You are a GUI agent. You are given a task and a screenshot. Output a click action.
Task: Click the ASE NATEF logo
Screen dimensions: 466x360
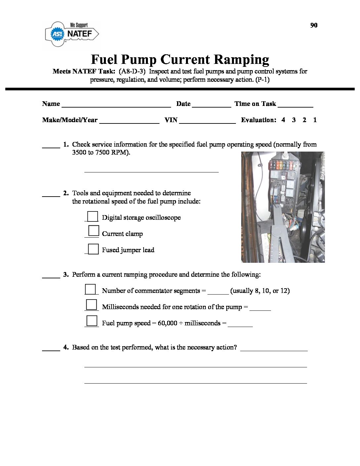(x=72, y=33)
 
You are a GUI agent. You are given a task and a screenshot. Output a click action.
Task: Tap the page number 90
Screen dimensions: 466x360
(x=314, y=25)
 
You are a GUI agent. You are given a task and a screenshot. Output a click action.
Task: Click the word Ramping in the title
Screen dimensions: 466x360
(x=241, y=60)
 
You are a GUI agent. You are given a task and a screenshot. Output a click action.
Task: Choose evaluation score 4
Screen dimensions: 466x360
(x=283, y=120)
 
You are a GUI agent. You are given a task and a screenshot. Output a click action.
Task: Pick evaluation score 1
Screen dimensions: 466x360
(x=315, y=120)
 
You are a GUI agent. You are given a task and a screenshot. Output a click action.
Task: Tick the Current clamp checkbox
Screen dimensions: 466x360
(x=94, y=231)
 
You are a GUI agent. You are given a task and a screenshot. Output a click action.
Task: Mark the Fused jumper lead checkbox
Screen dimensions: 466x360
(x=93, y=249)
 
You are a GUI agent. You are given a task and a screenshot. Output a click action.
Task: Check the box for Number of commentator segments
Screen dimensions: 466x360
(x=90, y=289)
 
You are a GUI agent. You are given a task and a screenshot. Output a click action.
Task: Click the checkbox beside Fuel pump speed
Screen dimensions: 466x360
(x=92, y=321)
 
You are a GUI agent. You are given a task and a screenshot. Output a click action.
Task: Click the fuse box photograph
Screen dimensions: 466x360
(x=283, y=207)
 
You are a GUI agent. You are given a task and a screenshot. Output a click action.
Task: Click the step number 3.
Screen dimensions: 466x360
(x=66, y=274)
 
